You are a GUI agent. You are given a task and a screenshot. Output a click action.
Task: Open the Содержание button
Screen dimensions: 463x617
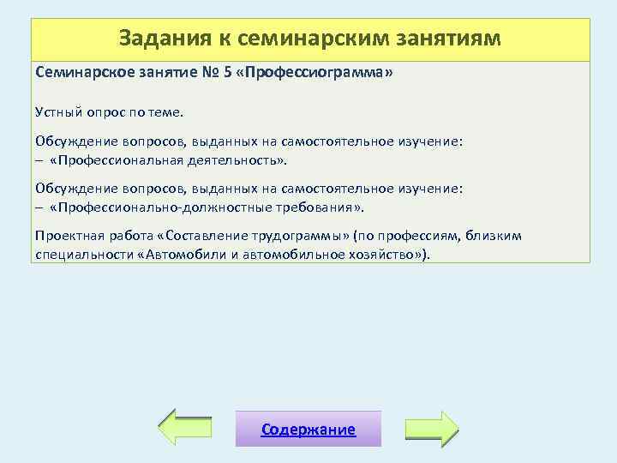tap(308, 429)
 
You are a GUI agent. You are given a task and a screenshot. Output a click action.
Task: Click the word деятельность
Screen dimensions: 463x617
tap(233, 159)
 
